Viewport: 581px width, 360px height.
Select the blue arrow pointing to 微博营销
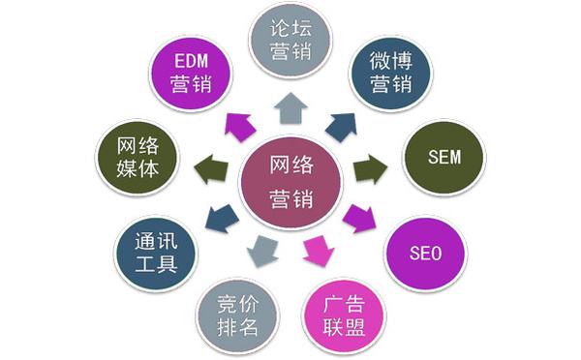point(341,125)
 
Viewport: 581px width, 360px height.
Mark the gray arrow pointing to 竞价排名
point(261,252)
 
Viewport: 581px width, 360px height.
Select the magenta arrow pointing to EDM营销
point(237,125)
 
